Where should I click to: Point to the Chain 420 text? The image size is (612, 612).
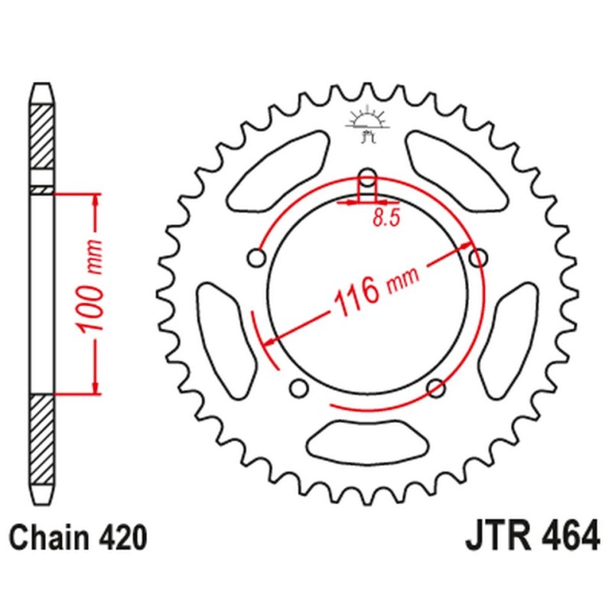pos(77,536)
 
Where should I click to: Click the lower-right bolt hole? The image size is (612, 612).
pos(436,386)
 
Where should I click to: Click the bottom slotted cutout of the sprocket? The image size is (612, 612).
pos(367,441)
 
